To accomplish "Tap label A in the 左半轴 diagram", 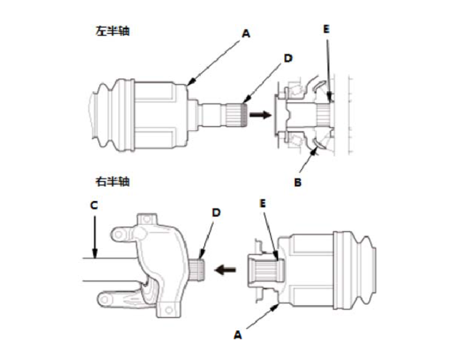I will [245, 35].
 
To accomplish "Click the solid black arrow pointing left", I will [224, 269].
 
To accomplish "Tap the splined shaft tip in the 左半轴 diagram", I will [238, 115].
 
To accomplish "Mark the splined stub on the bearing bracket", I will [199, 269].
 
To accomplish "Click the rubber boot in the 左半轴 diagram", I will [108, 115].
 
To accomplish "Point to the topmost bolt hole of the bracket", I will [146, 219].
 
